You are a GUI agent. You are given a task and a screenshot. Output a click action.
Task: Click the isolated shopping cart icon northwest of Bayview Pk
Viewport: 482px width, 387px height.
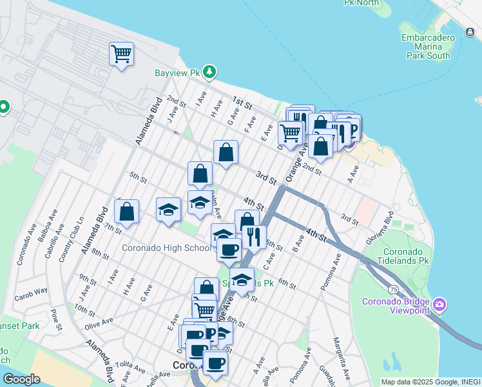[x=120, y=54]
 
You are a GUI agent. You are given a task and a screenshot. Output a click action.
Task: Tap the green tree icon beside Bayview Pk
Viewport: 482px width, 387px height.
[x=209, y=72]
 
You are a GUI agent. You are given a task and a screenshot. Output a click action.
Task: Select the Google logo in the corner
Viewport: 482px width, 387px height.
[x=21, y=379]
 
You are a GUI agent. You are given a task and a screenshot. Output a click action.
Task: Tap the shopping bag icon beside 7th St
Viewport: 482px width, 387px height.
[x=127, y=211]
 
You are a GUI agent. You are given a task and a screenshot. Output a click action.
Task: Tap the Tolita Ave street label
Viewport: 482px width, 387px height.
[x=131, y=368]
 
